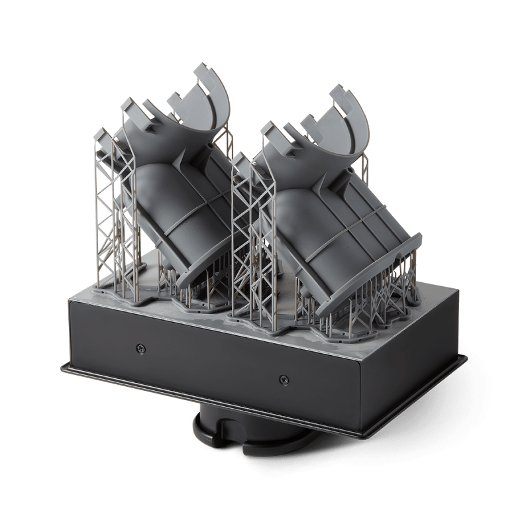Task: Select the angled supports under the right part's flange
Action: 391,291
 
